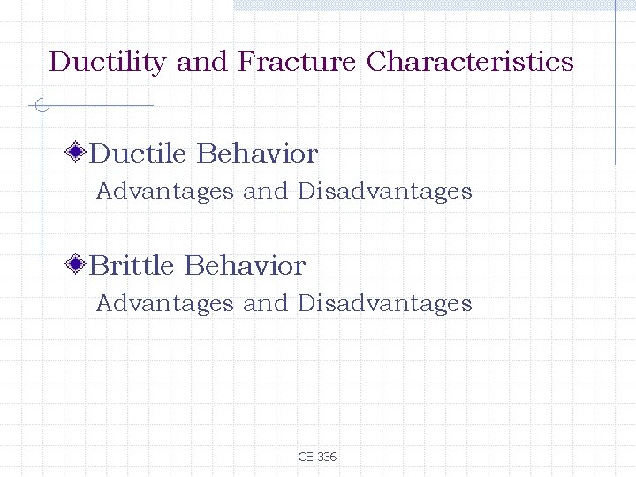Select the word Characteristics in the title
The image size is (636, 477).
pyautogui.click(x=470, y=62)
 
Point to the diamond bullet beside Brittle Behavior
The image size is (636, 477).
pyautogui.click(x=78, y=265)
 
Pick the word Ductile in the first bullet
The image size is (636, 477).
pyautogui.click(x=139, y=154)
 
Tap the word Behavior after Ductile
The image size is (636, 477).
pyautogui.click(x=257, y=154)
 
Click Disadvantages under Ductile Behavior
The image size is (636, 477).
pyautogui.click(x=385, y=191)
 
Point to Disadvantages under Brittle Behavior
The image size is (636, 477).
pyautogui.click(x=385, y=303)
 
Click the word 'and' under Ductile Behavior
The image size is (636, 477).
pyautogui.click(x=266, y=191)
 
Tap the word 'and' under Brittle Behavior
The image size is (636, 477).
pyautogui.click(x=266, y=303)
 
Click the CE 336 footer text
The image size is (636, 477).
pyautogui.click(x=317, y=457)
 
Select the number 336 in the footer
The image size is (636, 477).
pyautogui.click(x=326, y=457)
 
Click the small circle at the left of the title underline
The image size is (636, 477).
pyautogui.click(x=41, y=106)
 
